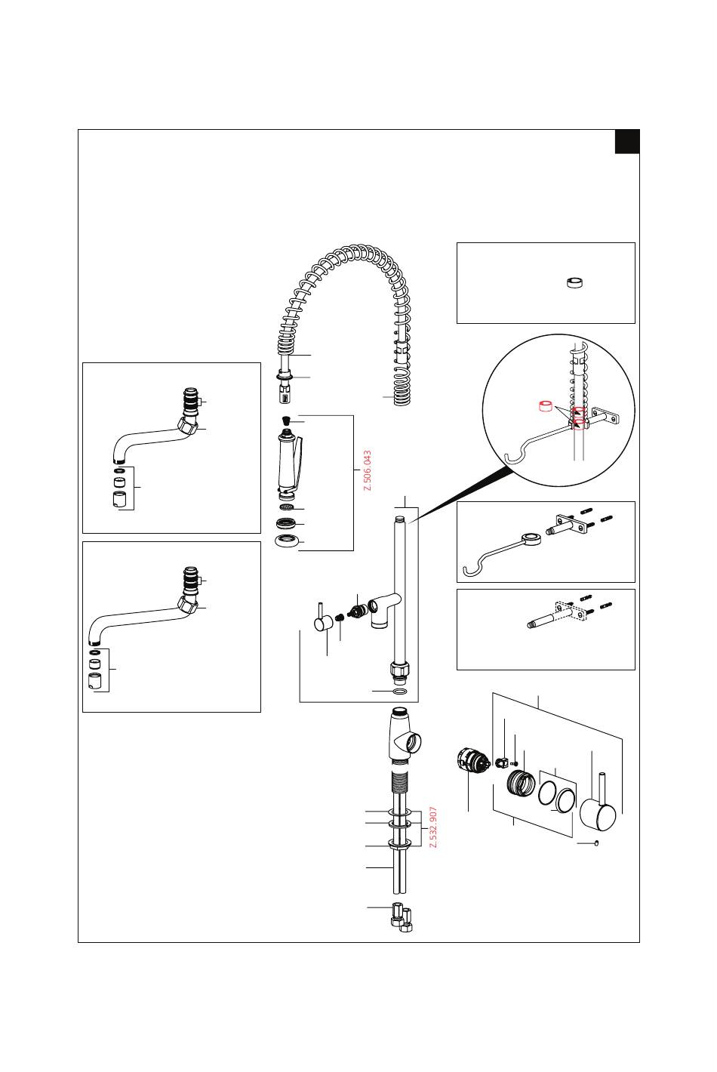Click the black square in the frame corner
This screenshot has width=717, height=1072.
626,141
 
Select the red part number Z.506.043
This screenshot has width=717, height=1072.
368,471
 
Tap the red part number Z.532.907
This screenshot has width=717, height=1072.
433,827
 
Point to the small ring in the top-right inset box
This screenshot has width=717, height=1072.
575,283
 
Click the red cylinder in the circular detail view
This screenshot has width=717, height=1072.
543,408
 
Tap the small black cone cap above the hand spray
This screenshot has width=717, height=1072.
287,420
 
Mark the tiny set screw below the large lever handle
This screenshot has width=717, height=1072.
596,843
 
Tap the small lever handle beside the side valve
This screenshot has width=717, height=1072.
323,621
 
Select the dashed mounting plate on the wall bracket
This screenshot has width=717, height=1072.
571,611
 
